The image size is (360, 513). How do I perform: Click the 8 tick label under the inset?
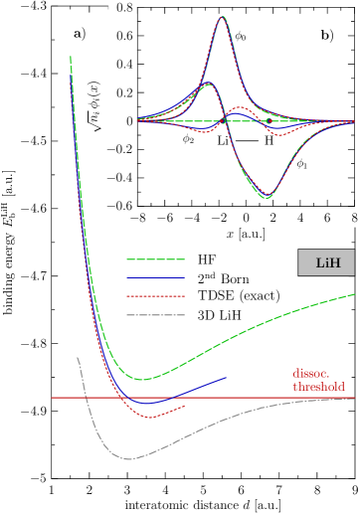pyautogui.click(x=353, y=215)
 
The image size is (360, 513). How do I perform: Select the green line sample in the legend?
pyautogui.click(x=155, y=260)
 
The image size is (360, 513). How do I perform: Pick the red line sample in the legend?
pyautogui.click(x=155, y=296)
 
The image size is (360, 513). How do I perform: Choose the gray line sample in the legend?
pyautogui.click(x=155, y=314)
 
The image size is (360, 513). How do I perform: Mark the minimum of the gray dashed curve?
pyautogui.click(x=128, y=458)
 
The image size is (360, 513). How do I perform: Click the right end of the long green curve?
pyautogui.click(x=355, y=294)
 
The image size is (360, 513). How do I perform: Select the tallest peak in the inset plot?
pyautogui.click(x=222, y=18)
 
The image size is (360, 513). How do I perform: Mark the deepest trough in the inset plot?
pyautogui.click(x=266, y=199)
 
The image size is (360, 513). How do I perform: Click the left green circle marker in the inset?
pyautogui.click(x=225, y=120)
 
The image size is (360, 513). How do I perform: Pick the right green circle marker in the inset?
pyautogui.click(x=269, y=121)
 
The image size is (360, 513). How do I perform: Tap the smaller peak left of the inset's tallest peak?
pyautogui.click(x=208, y=85)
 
